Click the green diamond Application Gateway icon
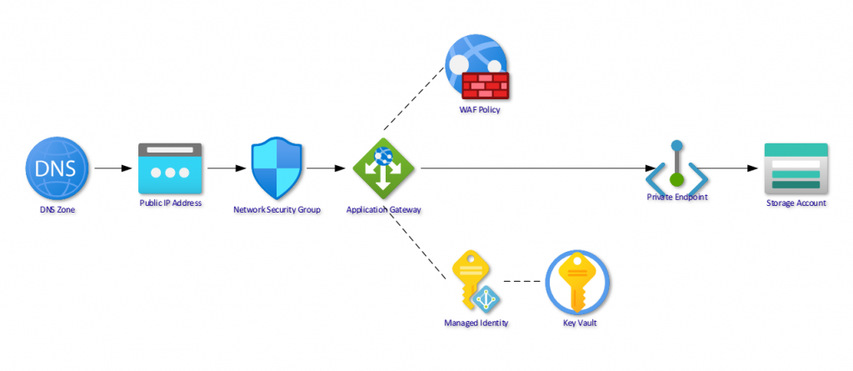383,168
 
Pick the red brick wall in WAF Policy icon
486,86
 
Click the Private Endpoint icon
676,168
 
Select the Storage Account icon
796,168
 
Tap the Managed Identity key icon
471,281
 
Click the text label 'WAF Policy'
480,109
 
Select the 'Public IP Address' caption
170,203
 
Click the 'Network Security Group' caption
277,209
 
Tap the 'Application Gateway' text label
383,209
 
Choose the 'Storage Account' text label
796,203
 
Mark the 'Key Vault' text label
579,323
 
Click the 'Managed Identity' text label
476,323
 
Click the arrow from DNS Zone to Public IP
112,168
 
